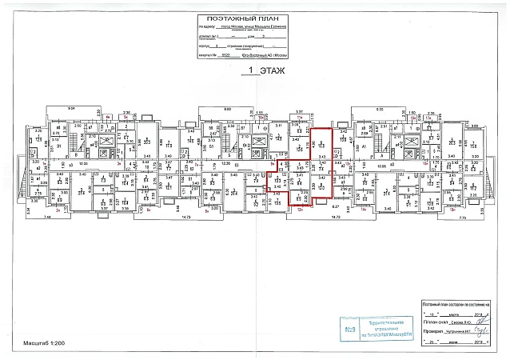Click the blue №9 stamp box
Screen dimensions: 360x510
(350, 330)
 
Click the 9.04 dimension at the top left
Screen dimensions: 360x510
(70, 108)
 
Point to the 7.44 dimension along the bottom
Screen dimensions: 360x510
(46, 217)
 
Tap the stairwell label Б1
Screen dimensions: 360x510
(58, 146)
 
